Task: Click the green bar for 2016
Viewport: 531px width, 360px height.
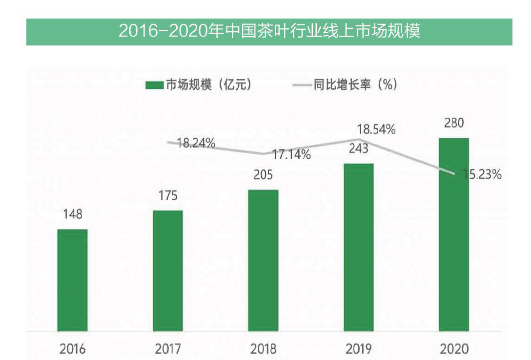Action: (x=72, y=280)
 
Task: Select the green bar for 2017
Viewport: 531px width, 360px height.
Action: (x=168, y=271)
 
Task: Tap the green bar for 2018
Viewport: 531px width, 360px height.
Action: (x=263, y=260)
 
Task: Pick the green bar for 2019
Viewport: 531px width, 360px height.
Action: (x=359, y=247)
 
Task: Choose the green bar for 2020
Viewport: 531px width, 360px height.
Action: (x=454, y=234)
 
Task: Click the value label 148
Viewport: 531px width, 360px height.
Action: (x=72, y=214)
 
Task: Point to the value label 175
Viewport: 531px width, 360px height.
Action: (x=168, y=196)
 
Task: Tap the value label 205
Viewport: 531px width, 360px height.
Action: (x=263, y=175)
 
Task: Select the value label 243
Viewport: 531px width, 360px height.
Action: (x=359, y=148)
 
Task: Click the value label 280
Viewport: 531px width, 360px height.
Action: (x=454, y=123)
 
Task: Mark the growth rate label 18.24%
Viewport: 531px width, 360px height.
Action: (x=196, y=143)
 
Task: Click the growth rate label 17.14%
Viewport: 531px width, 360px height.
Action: (x=291, y=155)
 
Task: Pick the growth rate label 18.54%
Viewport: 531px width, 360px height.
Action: (x=376, y=130)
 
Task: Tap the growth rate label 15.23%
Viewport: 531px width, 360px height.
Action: (x=481, y=175)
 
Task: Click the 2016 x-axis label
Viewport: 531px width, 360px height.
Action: (x=72, y=349)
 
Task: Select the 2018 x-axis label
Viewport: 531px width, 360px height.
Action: (x=263, y=349)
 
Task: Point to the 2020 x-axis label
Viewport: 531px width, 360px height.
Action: (x=454, y=349)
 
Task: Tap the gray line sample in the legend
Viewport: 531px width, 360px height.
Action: (x=302, y=85)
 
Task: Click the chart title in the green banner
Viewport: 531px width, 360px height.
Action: (x=269, y=32)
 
